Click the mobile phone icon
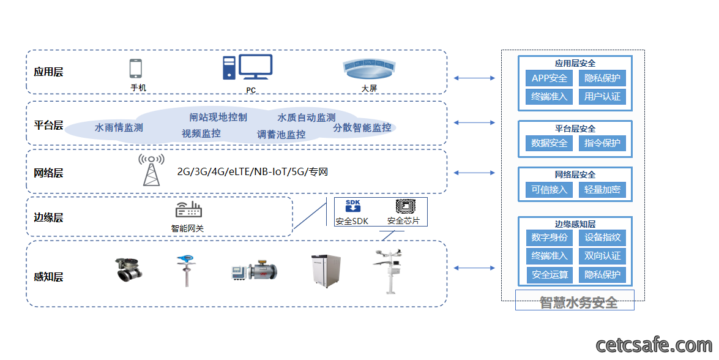(x=135, y=69)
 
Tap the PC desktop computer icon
(x=248, y=67)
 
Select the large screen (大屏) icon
(x=369, y=69)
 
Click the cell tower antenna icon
(x=151, y=170)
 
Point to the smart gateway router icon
(x=188, y=209)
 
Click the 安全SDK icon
(x=352, y=206)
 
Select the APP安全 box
(x=549, y=78)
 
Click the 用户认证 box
(x=602, y=97)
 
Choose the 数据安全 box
(x=549, y=143)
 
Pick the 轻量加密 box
(x=602, y=189)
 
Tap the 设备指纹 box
(x=602, y=238)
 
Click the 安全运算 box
(x=549, y=275)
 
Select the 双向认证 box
(x=602, y=256)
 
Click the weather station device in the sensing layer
(x=389, y=271)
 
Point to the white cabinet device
(x=326, y=271)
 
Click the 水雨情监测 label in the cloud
(x=119, y=127)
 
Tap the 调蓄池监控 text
(x=281, y=134)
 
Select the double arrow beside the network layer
(x=474, y=173)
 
